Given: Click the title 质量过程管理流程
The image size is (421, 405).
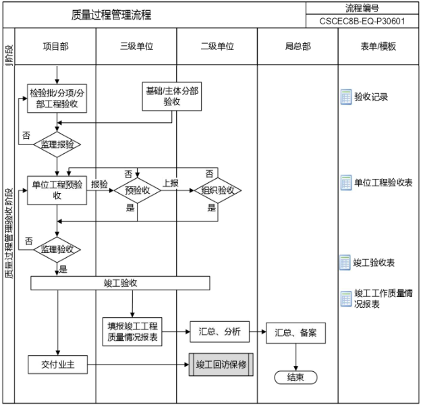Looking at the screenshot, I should click(x=111, y=15).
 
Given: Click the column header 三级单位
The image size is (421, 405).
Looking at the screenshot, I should click(x=136, y=47).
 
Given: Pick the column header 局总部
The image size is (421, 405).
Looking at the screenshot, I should click(x=298, y=47).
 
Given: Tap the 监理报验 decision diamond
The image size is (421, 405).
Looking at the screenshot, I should click(x=57, y=144).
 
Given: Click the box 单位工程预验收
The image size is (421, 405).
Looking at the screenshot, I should click(x=57, y=190).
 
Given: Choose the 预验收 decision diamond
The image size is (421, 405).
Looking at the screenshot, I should click(x=138, y=190).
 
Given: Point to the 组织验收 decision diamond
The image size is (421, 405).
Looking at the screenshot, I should click(x=217, y=190).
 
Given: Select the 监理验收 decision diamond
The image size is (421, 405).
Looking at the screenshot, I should click(x=57, y=249).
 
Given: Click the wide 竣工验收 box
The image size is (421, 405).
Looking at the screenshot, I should click(x=121, y=283).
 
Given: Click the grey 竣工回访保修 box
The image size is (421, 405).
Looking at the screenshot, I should click(x=221, y=364).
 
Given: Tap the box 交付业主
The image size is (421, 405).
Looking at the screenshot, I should click(x=57, y=364).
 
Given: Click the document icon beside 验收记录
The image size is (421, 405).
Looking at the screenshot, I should click(x=346, y=97).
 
